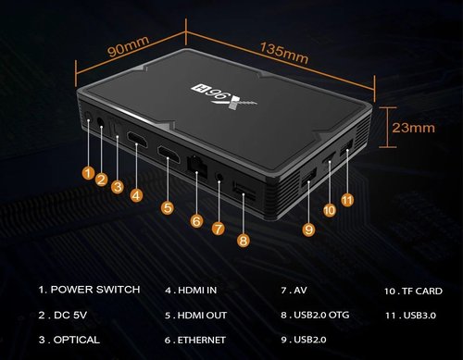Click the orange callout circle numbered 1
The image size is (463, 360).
click(x=88, y=173)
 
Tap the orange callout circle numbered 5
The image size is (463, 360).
click(x=168, y=207)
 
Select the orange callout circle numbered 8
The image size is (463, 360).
click(x=244, y=241)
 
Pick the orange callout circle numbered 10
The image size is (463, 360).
click(x=330, y=210)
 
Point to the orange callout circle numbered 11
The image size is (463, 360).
click(x=347, y=201)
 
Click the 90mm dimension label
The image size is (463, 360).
click(x=129, y=46)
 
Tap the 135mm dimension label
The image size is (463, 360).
click(x=284, y=53)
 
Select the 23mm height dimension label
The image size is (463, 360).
click(x=413, y=128)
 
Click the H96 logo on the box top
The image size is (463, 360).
click(x=224, y=96)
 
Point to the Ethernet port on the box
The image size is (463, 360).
click(x=196, y=166)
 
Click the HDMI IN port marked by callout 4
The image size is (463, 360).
click(x=137, y=140)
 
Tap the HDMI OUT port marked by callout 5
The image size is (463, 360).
click(x=169, y=155)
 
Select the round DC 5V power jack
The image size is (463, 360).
click(x=100, y=121)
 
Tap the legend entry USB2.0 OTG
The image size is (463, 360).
click(x=315, y=315)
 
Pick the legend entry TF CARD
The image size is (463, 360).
click(x=413, y=291)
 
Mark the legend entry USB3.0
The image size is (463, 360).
click(x=410, y=316)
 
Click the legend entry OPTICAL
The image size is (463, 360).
click(x=69, y=340)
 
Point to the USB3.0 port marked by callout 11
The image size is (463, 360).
click(x=346, y=147)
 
